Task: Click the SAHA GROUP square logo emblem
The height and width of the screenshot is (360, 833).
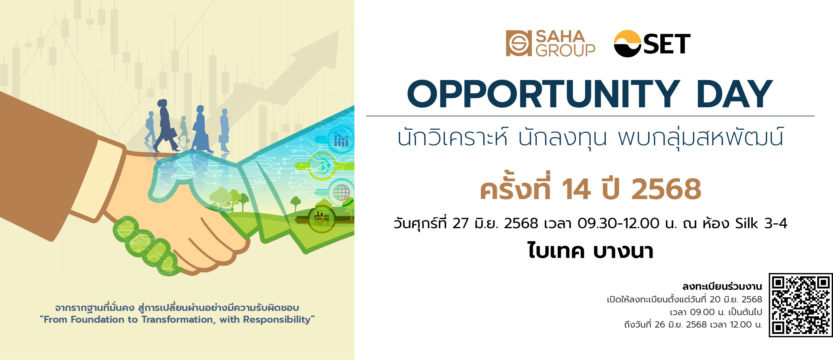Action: [x=519, y=43]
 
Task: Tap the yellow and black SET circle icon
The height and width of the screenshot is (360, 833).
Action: [x=628, y=44]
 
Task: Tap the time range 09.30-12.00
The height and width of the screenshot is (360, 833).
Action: [x=618, y=223]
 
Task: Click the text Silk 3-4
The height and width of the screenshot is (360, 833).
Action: [x=761, y=223]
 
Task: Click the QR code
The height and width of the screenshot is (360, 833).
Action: [x=801, y=305]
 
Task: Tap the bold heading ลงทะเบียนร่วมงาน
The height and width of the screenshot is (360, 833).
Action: [x=722, y=286]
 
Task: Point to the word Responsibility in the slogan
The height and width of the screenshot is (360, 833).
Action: [x=277, y=320]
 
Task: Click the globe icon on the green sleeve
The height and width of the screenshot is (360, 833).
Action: [x=342, y=193]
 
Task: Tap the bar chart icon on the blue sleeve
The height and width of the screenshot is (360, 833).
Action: [x=342, y=140]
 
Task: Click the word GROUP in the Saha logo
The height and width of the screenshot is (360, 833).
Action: [x=565, y=51]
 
